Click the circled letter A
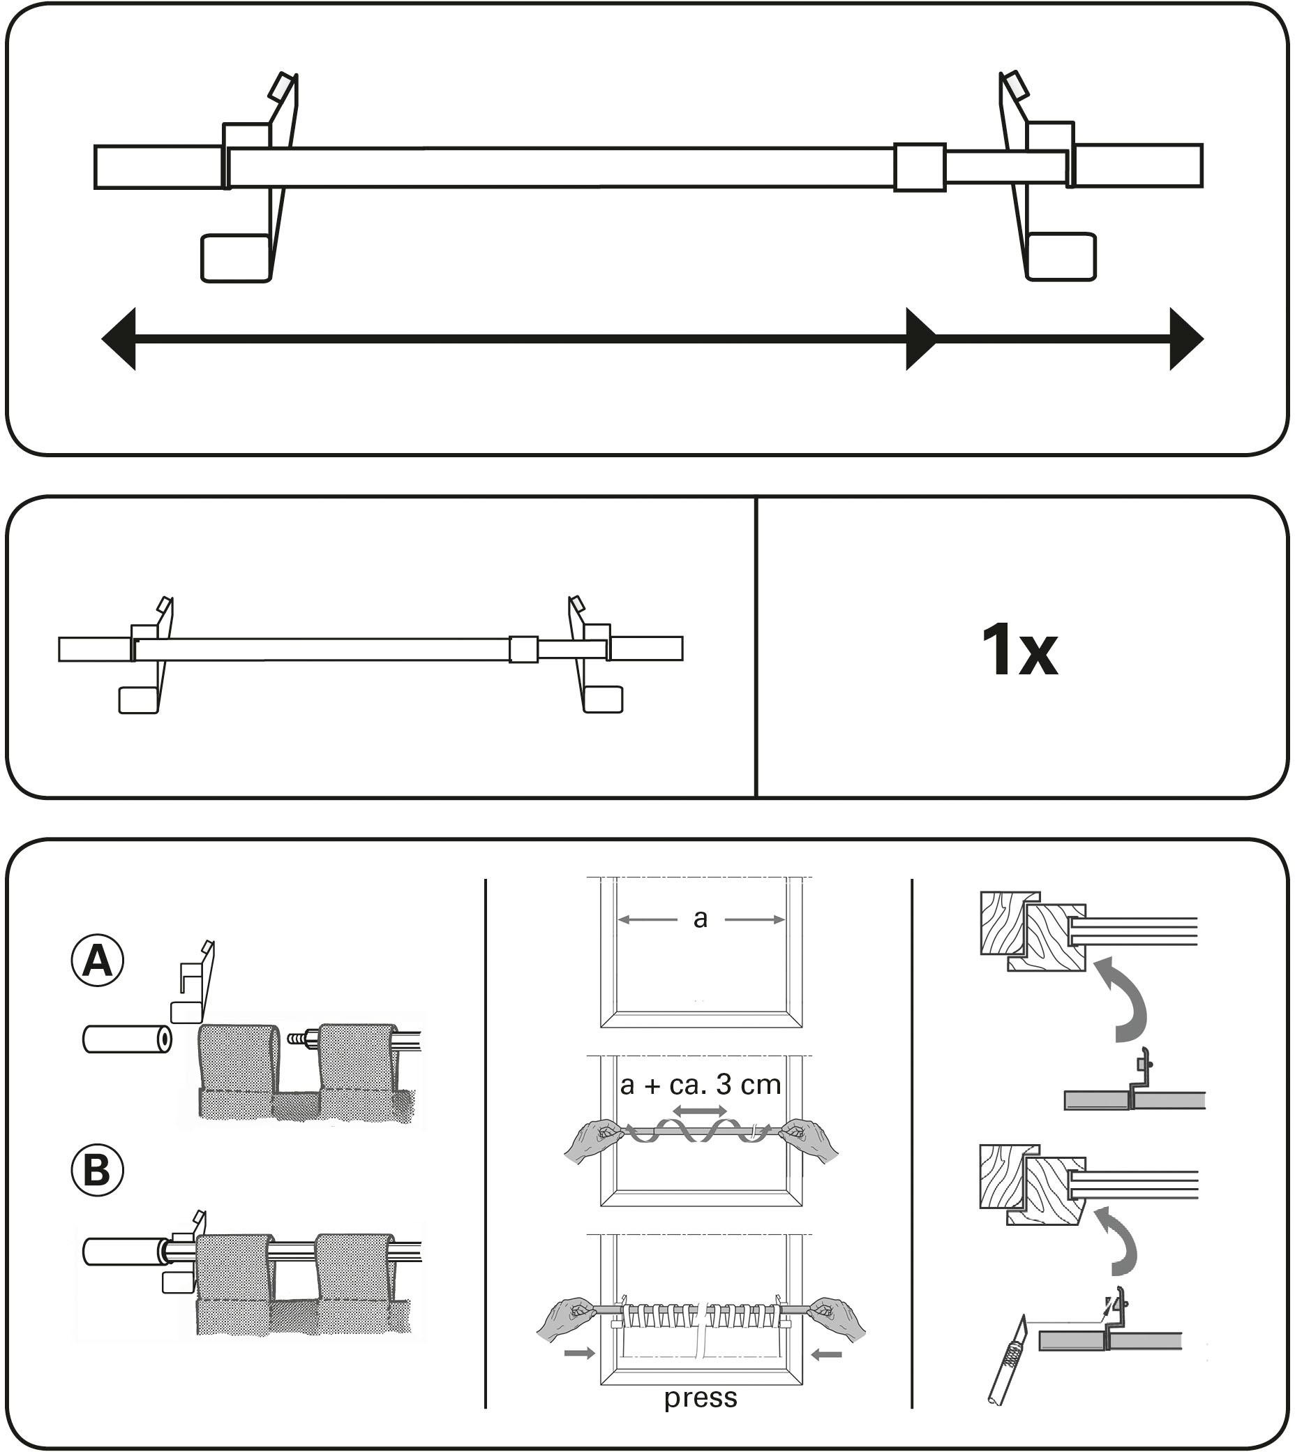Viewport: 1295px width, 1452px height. (x=98, y=963)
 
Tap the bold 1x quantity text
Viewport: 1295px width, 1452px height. (x=1019, y=649)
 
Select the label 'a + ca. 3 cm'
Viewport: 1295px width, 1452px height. (x=700, y=1085)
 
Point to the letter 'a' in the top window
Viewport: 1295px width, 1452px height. (x=700, y=919)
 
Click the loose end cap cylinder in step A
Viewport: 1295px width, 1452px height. (x=127, y=1039)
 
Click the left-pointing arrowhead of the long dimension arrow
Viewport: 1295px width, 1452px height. (x=119, y=339)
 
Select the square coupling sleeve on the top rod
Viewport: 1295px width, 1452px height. (x=920, y=168)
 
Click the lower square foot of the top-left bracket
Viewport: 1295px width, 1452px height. (x=237, y=259)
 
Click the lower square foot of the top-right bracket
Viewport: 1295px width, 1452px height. (x=1062, y=256)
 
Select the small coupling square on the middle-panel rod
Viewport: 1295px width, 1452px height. (x=524, y=649)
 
